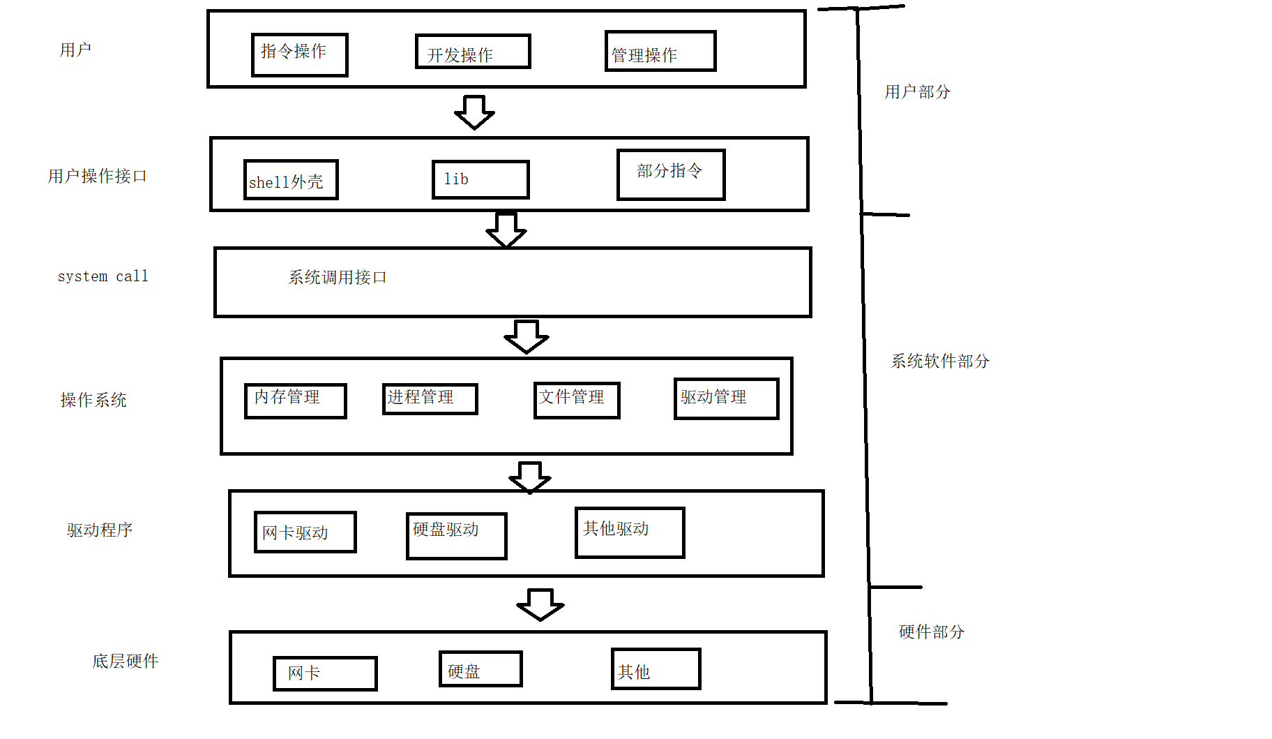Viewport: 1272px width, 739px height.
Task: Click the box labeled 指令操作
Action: tap(299, 54)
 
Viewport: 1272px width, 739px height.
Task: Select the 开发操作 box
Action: tap(473, 52)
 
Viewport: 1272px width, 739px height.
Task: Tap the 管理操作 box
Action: tap(660, 51)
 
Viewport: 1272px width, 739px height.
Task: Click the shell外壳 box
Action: tap(291, 180)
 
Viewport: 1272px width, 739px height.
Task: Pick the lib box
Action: tap(480, 179)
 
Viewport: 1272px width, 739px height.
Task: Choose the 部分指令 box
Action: tap(670, 174)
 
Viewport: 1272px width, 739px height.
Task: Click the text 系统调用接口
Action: tap(338, 278)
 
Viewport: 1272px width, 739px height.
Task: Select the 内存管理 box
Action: tap(295, 401)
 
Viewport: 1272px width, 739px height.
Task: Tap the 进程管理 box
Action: tap(430, 398)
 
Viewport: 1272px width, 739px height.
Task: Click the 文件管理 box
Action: tap(576, 400)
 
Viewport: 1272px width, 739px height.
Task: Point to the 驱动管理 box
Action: tap(726, 398)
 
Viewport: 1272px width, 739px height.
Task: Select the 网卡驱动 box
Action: tap(305, 532)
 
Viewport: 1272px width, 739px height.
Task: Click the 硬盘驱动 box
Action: tap(456, 535)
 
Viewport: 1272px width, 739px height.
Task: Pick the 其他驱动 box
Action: tap(629, 532)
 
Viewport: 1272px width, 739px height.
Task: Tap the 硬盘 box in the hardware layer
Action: tap(480, 669)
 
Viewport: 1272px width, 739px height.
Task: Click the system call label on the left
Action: tap(103, 276)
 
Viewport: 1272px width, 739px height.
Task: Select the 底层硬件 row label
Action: tap(126, 661)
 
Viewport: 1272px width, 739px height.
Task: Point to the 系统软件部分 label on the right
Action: tap(939, 361)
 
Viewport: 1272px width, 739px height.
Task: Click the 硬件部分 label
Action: tap(931, 632)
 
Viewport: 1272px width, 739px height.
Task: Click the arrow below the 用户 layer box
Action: tap(474, 112)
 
